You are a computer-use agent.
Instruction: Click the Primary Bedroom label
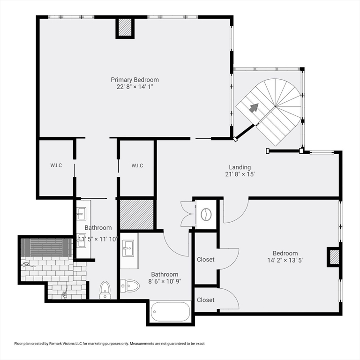(x=135, y=80)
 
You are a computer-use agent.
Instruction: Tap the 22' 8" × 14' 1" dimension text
(x=135, y=87)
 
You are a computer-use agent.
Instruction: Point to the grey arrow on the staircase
(x=254, y=107)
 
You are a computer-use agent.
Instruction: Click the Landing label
(x=240, y=167)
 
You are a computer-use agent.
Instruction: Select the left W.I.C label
(x=56, y=165)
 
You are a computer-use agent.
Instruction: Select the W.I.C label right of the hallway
(x=137, y=165)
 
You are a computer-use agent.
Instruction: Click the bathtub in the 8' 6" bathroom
(x=170, y=312)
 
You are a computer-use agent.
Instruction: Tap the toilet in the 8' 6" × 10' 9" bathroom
(x=130, y=286)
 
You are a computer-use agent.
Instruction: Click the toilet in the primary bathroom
(x=105, y=290)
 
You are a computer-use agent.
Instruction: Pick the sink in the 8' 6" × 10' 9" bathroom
(x=128, y=248)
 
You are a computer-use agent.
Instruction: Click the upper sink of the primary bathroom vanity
(x=81, y=214)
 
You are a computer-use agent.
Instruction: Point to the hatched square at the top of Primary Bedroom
(x=125, y=27)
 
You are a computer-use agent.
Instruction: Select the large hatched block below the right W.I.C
(x=137, y=214)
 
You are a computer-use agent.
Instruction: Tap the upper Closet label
(x=206, y=259)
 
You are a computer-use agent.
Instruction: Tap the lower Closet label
(x=206, y=300)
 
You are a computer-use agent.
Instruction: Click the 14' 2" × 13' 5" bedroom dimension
(x=285, y=260)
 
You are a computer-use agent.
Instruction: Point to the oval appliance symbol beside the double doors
(x=206, y=214)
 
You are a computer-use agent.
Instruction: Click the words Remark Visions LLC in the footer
(x=62, y=344)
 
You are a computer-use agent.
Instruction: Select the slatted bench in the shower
(x=46, y=247)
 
